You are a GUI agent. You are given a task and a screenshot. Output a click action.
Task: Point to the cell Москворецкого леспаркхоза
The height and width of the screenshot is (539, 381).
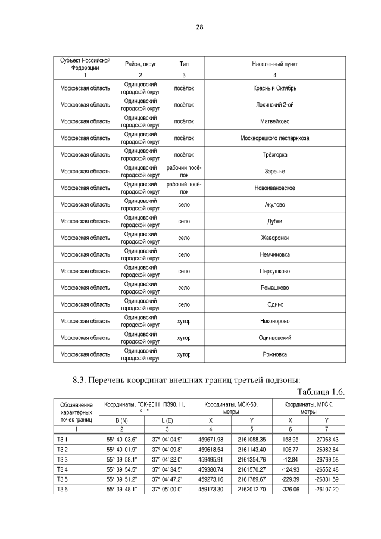point(273,138)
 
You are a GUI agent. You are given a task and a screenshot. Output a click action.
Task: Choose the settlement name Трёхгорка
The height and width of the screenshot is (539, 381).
point(273,155)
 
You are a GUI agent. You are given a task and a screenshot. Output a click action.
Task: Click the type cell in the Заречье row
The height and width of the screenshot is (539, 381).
point(185,172)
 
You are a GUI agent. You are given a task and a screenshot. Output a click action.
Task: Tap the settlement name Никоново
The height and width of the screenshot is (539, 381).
point(273,321)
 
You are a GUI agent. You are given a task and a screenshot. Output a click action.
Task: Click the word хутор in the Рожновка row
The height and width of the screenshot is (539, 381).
point(185,354)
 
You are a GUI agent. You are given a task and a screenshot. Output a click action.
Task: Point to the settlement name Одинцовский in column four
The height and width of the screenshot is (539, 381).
point(273,338)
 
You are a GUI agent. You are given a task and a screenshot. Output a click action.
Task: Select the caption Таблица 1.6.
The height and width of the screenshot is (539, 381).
point(320,391)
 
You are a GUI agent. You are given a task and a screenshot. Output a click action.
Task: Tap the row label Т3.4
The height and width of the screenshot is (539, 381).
point(63,469)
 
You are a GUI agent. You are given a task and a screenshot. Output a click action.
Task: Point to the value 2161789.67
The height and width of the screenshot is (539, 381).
point(252,479)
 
